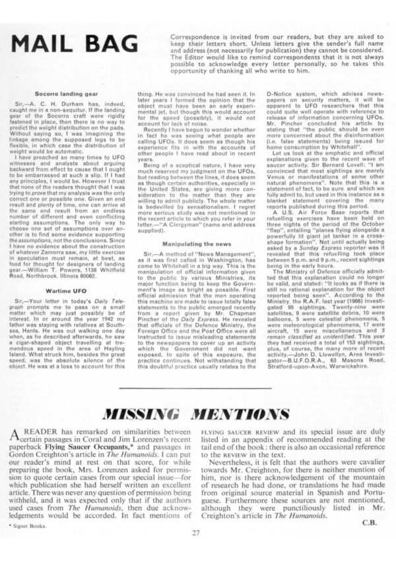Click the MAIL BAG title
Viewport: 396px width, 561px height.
[x=82, y=42]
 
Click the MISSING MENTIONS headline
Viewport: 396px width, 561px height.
[x=197, y=415]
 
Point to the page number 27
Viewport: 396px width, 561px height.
[x=197, y=533]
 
